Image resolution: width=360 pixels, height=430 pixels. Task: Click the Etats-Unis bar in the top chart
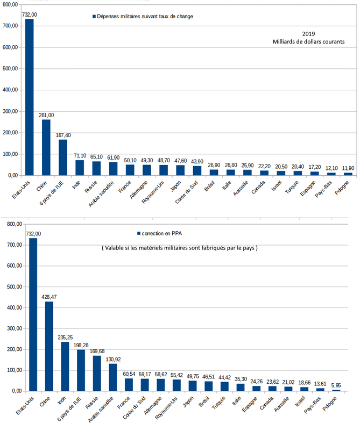click(30, 97)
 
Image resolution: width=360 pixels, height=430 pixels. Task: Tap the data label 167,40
click(63, 135)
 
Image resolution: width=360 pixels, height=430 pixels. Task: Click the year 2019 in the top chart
click(309, 33)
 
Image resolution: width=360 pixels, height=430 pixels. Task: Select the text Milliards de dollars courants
click(309, 42)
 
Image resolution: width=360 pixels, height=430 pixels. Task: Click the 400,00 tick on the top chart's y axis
click(11, 90)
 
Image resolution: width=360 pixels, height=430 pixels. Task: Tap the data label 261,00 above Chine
click(46, 115)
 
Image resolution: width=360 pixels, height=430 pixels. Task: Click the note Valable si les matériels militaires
click(179, 248)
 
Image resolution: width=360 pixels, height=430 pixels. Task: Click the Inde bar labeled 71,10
click(80, 168)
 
